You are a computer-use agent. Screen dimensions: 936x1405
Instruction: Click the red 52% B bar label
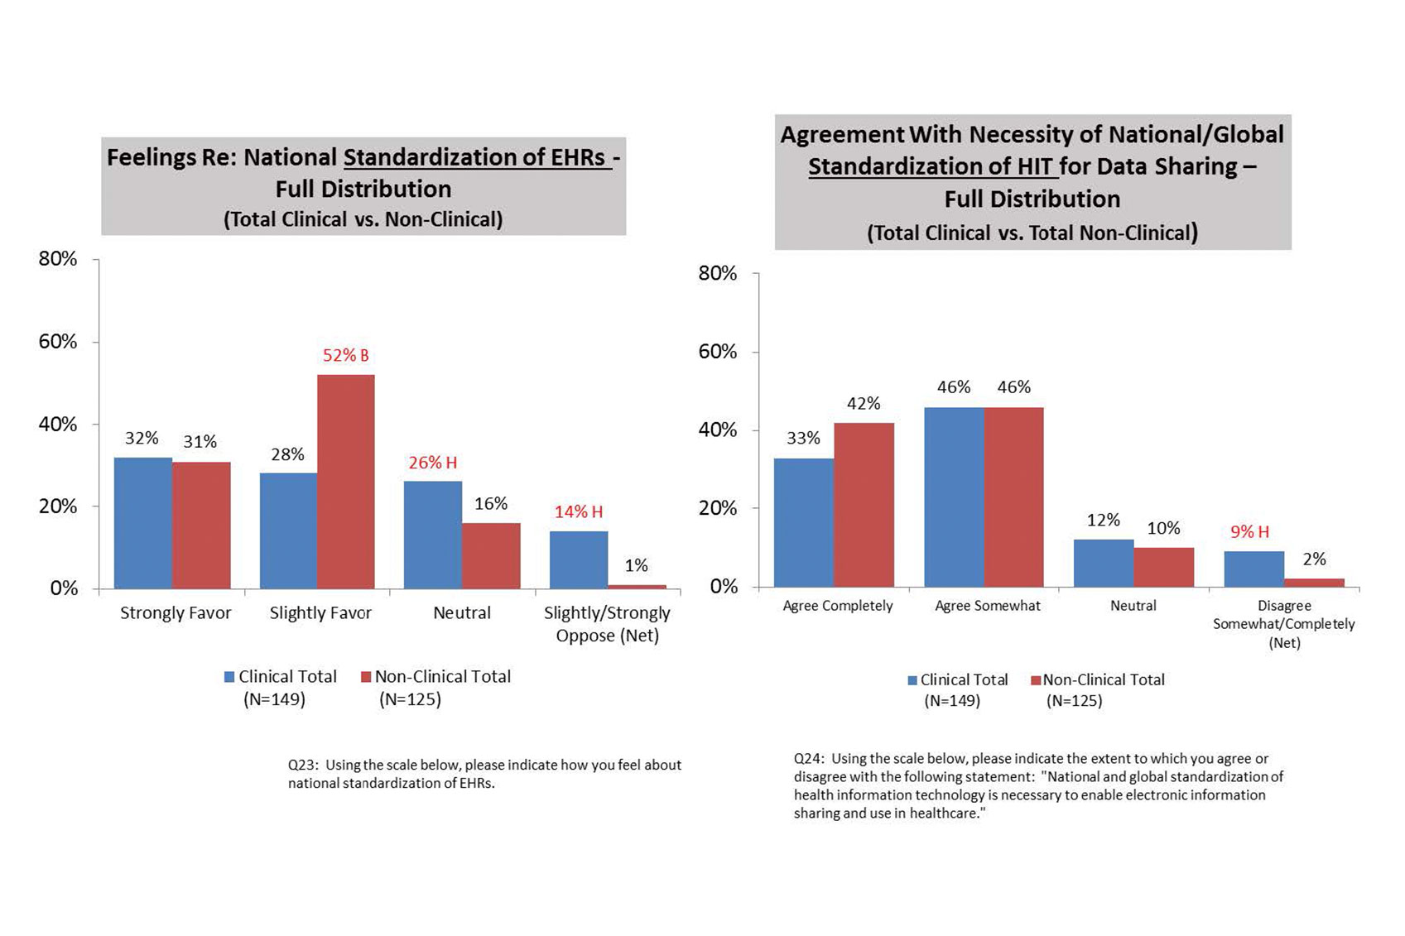tap(345, 356)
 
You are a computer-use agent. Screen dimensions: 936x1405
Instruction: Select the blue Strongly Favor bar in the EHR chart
tap(143, 523)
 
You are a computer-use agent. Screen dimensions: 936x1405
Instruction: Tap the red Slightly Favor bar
tap(346, 482)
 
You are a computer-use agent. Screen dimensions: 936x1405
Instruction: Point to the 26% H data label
tap(432, 463)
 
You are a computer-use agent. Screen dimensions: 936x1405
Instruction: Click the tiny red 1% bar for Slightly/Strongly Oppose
tap(637, 587)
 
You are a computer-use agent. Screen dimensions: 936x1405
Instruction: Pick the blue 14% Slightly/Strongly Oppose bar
tap(579, 560)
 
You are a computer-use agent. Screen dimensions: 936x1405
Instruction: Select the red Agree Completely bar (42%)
tap(864, 505)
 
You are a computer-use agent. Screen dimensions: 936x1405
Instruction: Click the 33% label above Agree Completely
tap(803, 438)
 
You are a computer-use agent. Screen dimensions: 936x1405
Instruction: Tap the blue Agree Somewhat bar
tap(954, 497)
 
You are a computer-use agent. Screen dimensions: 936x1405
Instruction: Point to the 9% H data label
tap(1249, 531)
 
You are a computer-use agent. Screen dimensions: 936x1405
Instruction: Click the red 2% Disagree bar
tap(1314, 583)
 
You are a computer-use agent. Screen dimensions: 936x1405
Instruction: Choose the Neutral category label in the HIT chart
tap(1133, 606)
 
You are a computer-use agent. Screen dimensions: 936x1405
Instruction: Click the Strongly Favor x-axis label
tap(176, 613)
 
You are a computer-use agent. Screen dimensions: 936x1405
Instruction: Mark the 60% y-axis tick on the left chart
tap(58, 342)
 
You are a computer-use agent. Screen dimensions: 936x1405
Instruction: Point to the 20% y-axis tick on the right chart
tap(718, 508)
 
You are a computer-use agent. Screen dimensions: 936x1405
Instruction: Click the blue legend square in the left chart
tap(229, 677)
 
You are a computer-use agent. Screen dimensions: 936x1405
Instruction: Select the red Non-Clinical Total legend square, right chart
tap(1035, 680)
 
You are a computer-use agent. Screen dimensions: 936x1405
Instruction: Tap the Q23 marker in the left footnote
tap(302, 766)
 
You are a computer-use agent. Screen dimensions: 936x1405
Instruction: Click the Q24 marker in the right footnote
tap(808, 759)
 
